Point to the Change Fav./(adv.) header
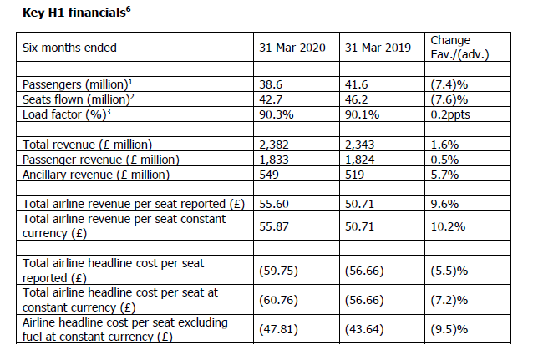[459, 47]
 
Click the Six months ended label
[69, 48]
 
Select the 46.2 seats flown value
[356, 99]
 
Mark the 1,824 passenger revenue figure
[360, 159]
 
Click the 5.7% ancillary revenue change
[444, 174]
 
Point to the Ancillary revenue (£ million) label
[95, 174]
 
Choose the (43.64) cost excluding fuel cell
[364, 328]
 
